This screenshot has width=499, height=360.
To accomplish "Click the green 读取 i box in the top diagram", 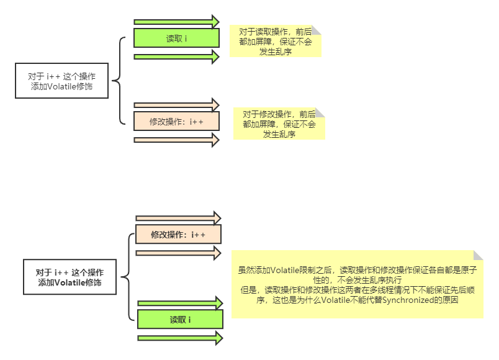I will [177, 38].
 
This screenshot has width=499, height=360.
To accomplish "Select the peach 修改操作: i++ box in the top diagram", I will [177, 121].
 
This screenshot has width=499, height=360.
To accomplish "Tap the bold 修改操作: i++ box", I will [178, 235].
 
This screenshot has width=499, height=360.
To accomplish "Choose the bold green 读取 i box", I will [180, 320].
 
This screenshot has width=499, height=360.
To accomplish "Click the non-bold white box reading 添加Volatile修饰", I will [62, 81].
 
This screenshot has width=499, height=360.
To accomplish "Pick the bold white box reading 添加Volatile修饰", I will [70, 277].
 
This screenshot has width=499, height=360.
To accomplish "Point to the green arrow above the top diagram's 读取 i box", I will [177, 22].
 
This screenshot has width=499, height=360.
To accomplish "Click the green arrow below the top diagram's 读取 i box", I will [177, 57].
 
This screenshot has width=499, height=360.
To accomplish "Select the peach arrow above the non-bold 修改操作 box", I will [177, 104].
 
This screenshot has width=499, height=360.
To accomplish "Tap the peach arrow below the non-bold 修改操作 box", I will [177, 140].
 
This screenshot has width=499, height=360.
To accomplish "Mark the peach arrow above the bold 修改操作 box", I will [178, 218].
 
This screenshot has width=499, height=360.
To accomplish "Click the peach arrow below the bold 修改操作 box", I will [178, 253].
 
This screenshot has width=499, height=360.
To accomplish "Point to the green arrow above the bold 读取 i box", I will [180, 303].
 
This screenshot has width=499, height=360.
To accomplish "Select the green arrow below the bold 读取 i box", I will [180, 338].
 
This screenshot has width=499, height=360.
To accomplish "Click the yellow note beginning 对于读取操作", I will [276, 42].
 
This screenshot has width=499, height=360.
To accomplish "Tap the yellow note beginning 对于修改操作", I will [279, 124].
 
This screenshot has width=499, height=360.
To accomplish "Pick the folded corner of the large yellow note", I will [479, 255].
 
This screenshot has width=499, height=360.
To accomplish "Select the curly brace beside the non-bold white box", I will [119, 81].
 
